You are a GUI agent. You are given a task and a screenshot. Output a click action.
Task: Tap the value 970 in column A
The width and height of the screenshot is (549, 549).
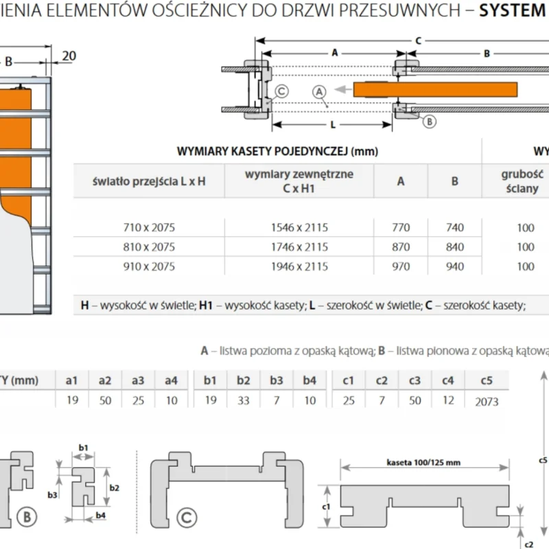pyautogui.click(x=401, y=266)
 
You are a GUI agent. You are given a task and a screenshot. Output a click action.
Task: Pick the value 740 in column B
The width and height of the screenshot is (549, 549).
pyautogui.click(x=454, y=228)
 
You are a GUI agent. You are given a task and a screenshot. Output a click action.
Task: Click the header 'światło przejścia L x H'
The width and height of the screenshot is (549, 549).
pyautogui.click(x=149, y=181)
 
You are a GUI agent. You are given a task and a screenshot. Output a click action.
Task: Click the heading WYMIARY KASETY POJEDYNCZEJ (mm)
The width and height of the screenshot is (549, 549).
pyautogui.click(x=277, y=151)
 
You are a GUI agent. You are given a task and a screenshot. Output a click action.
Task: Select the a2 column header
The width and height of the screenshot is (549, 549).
pyautogui.click(x=105, y=379)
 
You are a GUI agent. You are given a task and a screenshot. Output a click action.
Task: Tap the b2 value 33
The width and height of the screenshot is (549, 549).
pyautogui.click(x=243, y=401)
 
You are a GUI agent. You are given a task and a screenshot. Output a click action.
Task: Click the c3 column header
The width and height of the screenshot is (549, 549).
pyautogui.click(x=414, y=379)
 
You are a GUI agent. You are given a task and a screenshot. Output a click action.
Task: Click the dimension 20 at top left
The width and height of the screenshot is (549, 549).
pyautogui.click(x=68, y=56)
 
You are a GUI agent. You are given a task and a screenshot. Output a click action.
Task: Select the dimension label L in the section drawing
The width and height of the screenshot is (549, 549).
pyautogui.click(x=332, y=126)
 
